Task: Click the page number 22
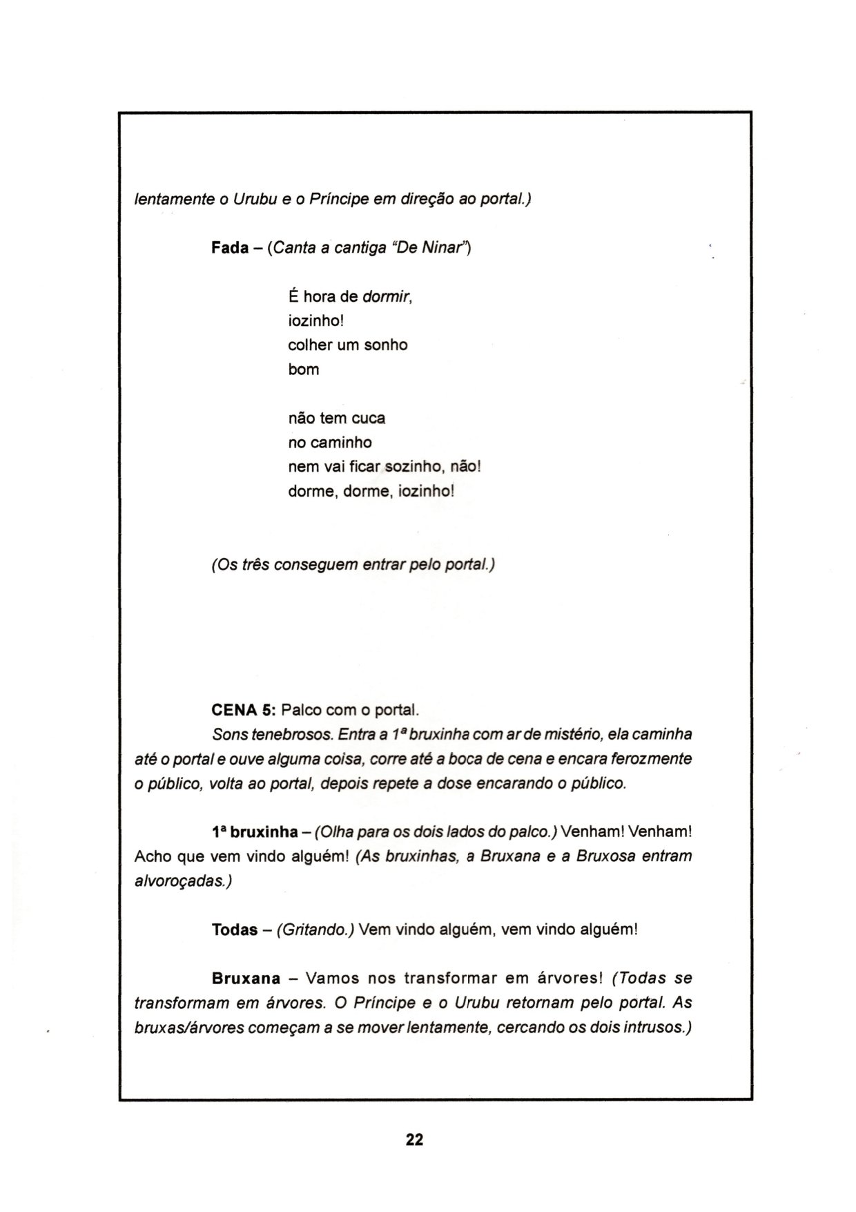pyautogui.click(x=414, y=1139)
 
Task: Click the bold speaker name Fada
pyautogui.click(x=229, y=248)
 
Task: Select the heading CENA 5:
pyautogui.click(x=243, y=710)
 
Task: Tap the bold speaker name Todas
pyautogui.click(x=234, y=929)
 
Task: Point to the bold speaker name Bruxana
pyautogui.click(x=246, y=978)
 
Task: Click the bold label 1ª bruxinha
pyautogui.click(x=255, y=831)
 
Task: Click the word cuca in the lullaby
pyautogui.click(x=369, y=418)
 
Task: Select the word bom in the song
pyautogui.click(x=303, y=369)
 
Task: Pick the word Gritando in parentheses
pyautogui.click(x=315, y=930)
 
